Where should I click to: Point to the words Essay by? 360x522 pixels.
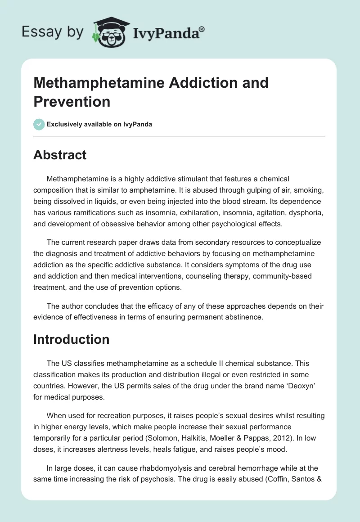click(x=52, y=32)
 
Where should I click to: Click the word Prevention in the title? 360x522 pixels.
click(x=72, y=101)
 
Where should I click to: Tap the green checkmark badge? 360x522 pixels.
click(x=39, y=124)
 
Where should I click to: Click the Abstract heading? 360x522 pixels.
click(x=60, y=155)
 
